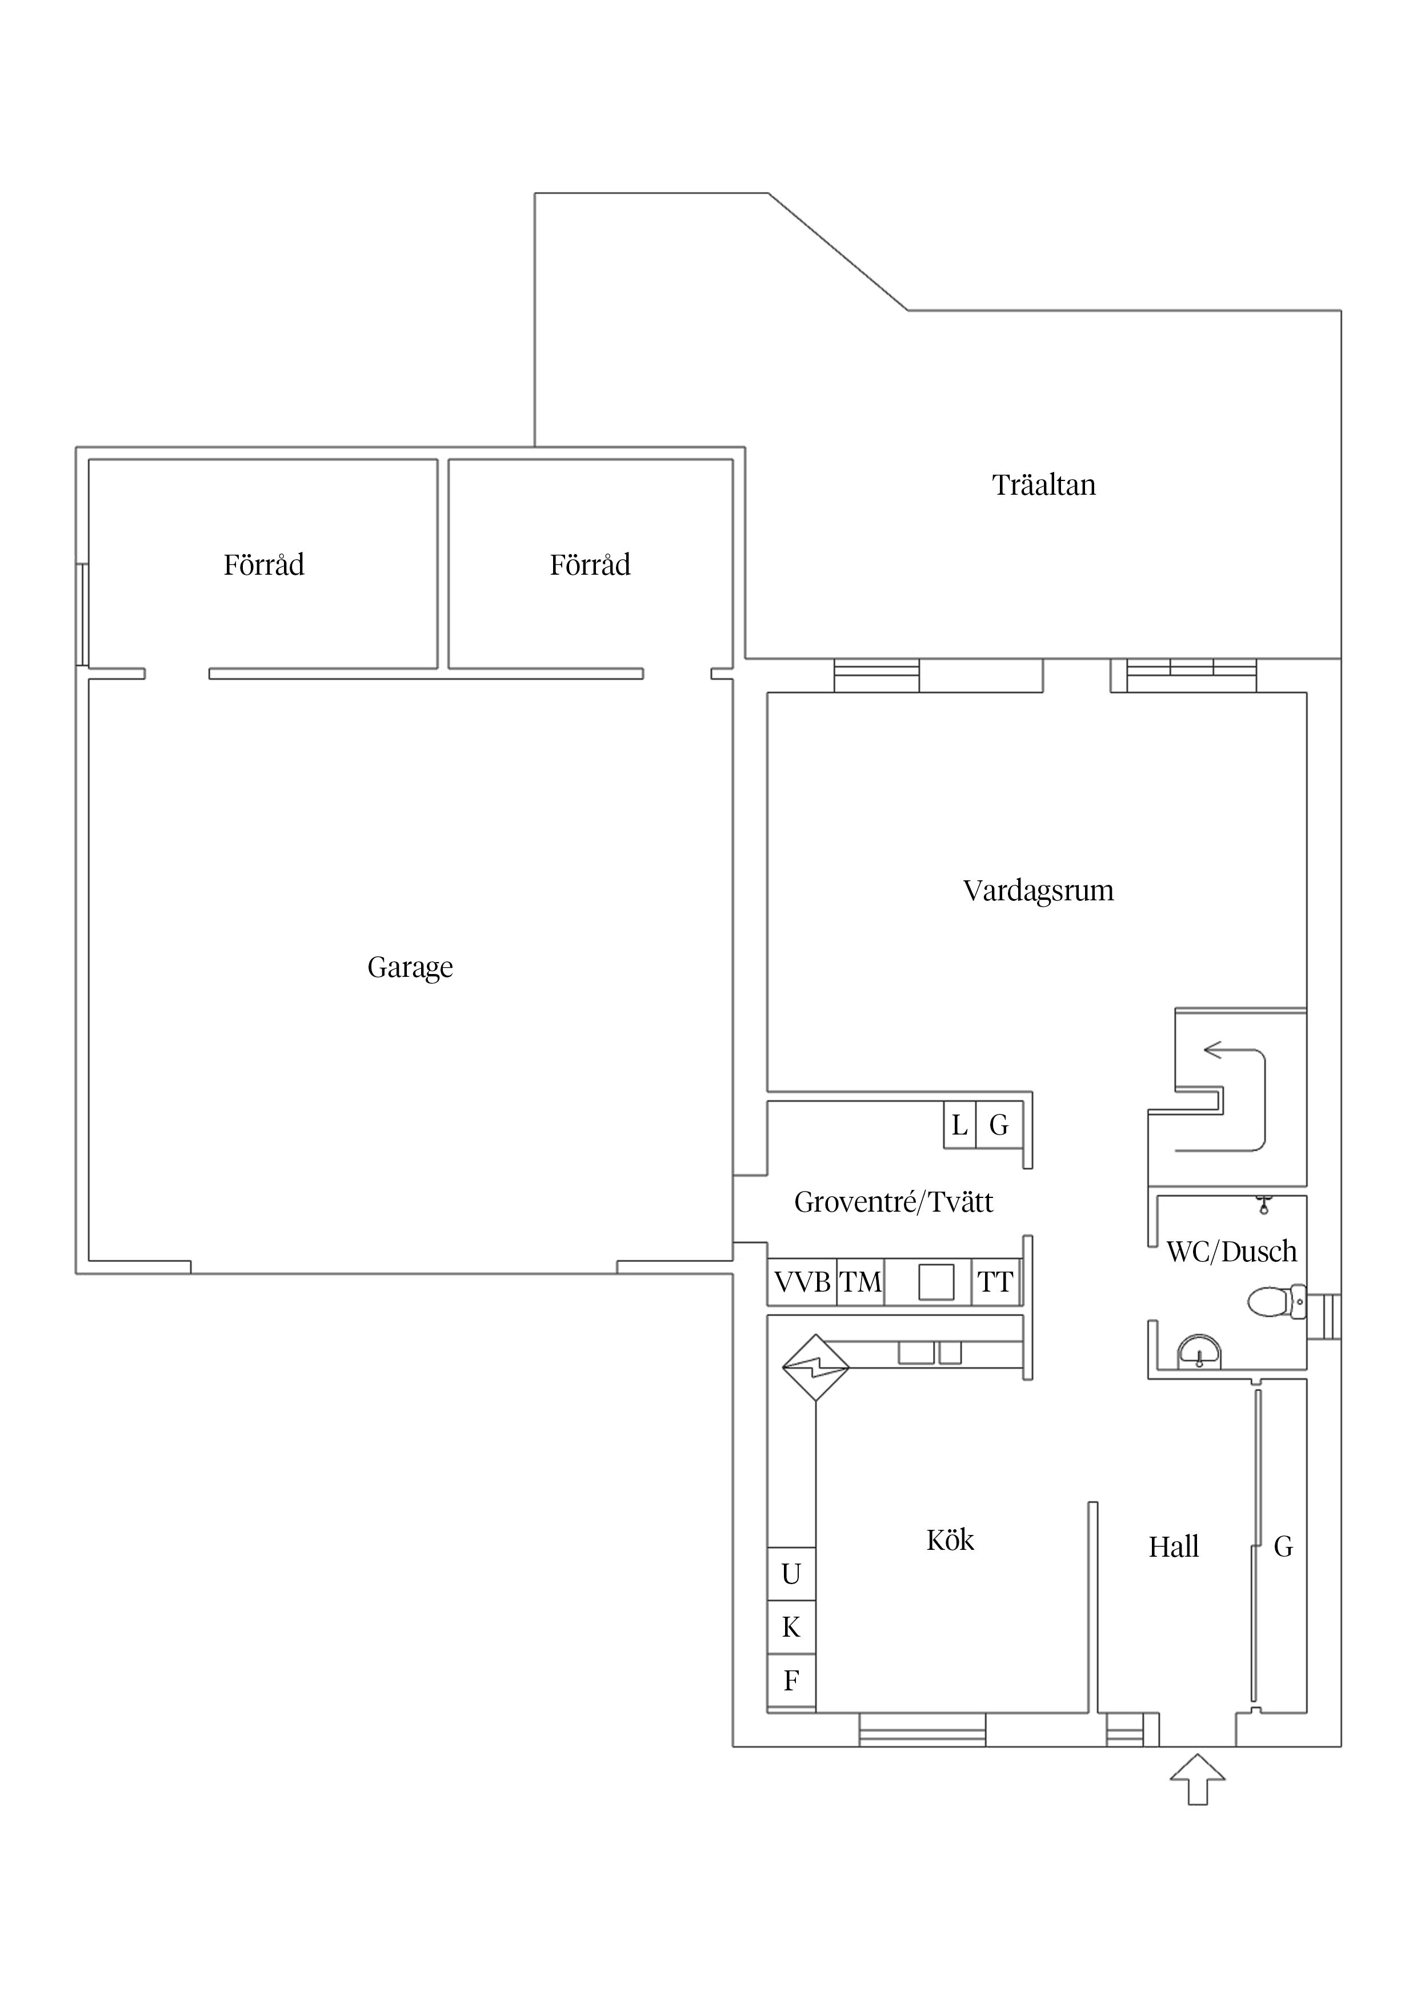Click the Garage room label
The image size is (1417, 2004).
tap(410, 968)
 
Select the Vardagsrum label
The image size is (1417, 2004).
tap(1038, 891)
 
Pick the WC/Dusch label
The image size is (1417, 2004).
tap(1231, 1252)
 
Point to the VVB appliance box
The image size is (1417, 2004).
tap(802, 1282)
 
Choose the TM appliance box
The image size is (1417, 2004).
tap(861, 1282)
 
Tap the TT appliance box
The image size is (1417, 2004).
tap(995, 1282)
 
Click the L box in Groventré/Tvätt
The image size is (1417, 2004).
tap(959, 1125)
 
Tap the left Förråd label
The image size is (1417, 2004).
tap(263, 566)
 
